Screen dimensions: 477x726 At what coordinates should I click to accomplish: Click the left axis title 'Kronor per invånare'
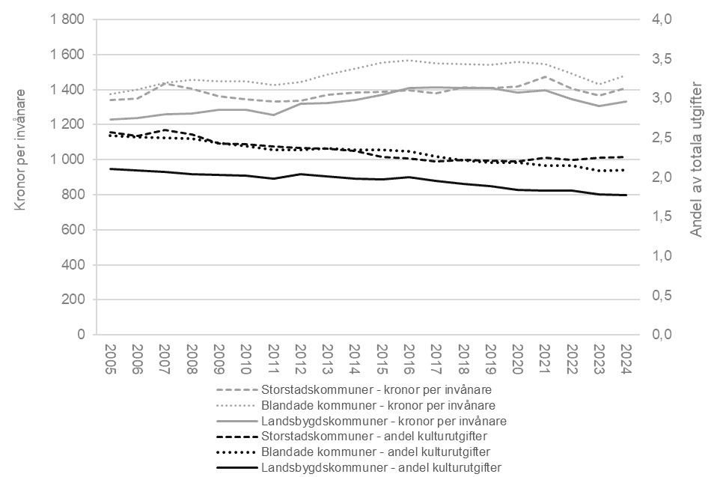pyautogui.click(x=22, y=149)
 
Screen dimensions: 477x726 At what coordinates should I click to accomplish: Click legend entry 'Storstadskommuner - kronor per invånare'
pyautogui.click(x=381, y=389)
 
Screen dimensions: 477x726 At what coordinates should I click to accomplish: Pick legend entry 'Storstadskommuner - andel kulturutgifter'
pyautogui.click(x=381, y=437)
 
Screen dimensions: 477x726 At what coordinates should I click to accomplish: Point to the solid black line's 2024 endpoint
pyautogui.click(x=626, y=195)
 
